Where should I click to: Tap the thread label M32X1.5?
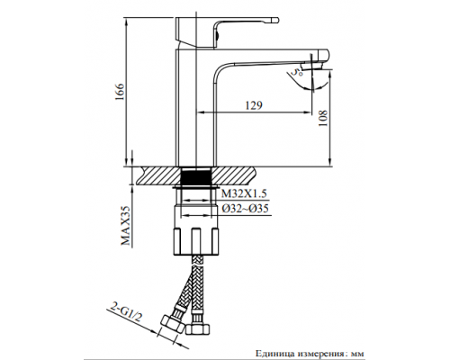tap(238, 193)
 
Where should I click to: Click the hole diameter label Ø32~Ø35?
tap(241, 208)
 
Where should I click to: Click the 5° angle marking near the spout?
tap(294, 68)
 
